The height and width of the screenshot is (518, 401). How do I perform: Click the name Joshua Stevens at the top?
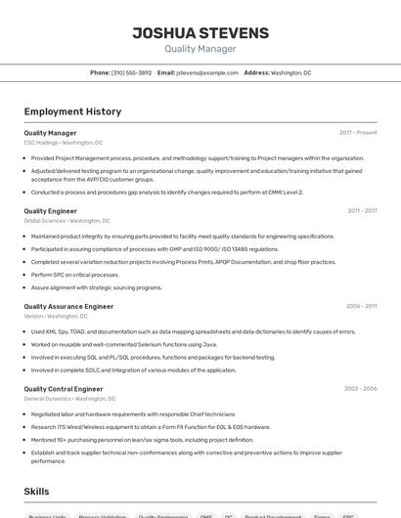click(x=200, y=33)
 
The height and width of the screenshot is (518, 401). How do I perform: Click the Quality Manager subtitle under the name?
click(x=200, y=49)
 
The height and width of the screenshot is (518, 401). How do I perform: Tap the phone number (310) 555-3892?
click(x=131, y=73)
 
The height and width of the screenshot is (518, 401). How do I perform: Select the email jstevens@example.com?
click(x=207, y=73)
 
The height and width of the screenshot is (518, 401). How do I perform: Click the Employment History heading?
click(x=72, y=111)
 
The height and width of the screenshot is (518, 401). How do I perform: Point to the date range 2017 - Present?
click(x=358, y=133)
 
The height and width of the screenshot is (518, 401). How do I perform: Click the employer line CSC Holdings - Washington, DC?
click(x=63, y=143)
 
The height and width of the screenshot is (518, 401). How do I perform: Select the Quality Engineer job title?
click(x=51, y=211)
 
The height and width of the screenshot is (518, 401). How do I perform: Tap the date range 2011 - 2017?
click(x=362, y=211)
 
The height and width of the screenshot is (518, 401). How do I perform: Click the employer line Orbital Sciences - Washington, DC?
click(x=67, y=221)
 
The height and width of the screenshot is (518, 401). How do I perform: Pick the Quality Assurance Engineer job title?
click(x=68, y=307)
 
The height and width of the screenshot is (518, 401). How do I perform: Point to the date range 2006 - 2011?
click(x=361, y=307)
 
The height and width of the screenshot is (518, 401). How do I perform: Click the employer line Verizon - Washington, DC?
click(x=56, y=317)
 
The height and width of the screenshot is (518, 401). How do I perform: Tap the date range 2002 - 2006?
click(x=360, y=389)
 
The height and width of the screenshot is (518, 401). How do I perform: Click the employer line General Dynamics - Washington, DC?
click(x=69, y=399)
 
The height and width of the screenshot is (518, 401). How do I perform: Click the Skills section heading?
click(x=37, y=491)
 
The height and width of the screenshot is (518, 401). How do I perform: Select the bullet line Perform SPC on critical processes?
click(x=74, y=275)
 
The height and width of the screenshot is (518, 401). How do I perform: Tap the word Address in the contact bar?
click(x=256, y=73)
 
